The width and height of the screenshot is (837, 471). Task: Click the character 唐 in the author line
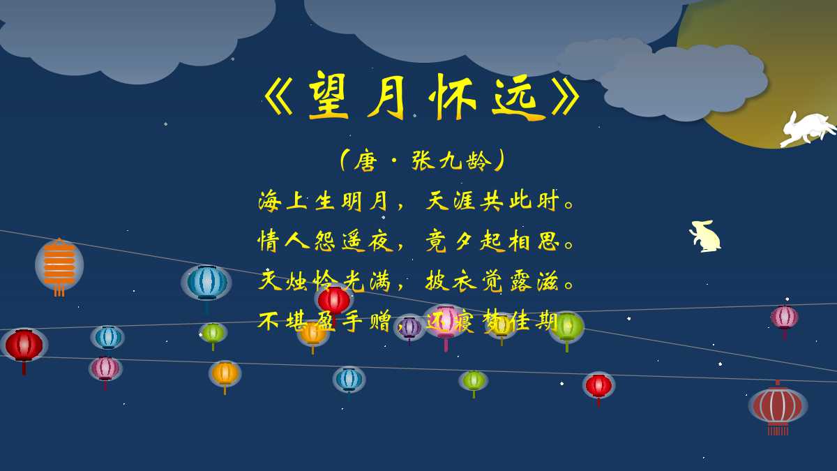tap(365, 161)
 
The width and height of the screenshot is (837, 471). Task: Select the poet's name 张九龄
tap(452, 161)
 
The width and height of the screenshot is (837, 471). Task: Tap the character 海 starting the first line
tap(269, 202)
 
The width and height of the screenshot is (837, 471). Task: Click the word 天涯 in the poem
tap(451, 202)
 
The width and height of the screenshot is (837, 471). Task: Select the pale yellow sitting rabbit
tap(706, 236)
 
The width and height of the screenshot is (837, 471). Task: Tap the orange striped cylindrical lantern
tap(59, 265)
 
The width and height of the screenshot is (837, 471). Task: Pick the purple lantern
tap(409, 327)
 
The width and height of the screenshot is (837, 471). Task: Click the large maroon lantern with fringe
tap(778, 406)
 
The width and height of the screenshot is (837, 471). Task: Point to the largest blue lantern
tap(206, 283)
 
